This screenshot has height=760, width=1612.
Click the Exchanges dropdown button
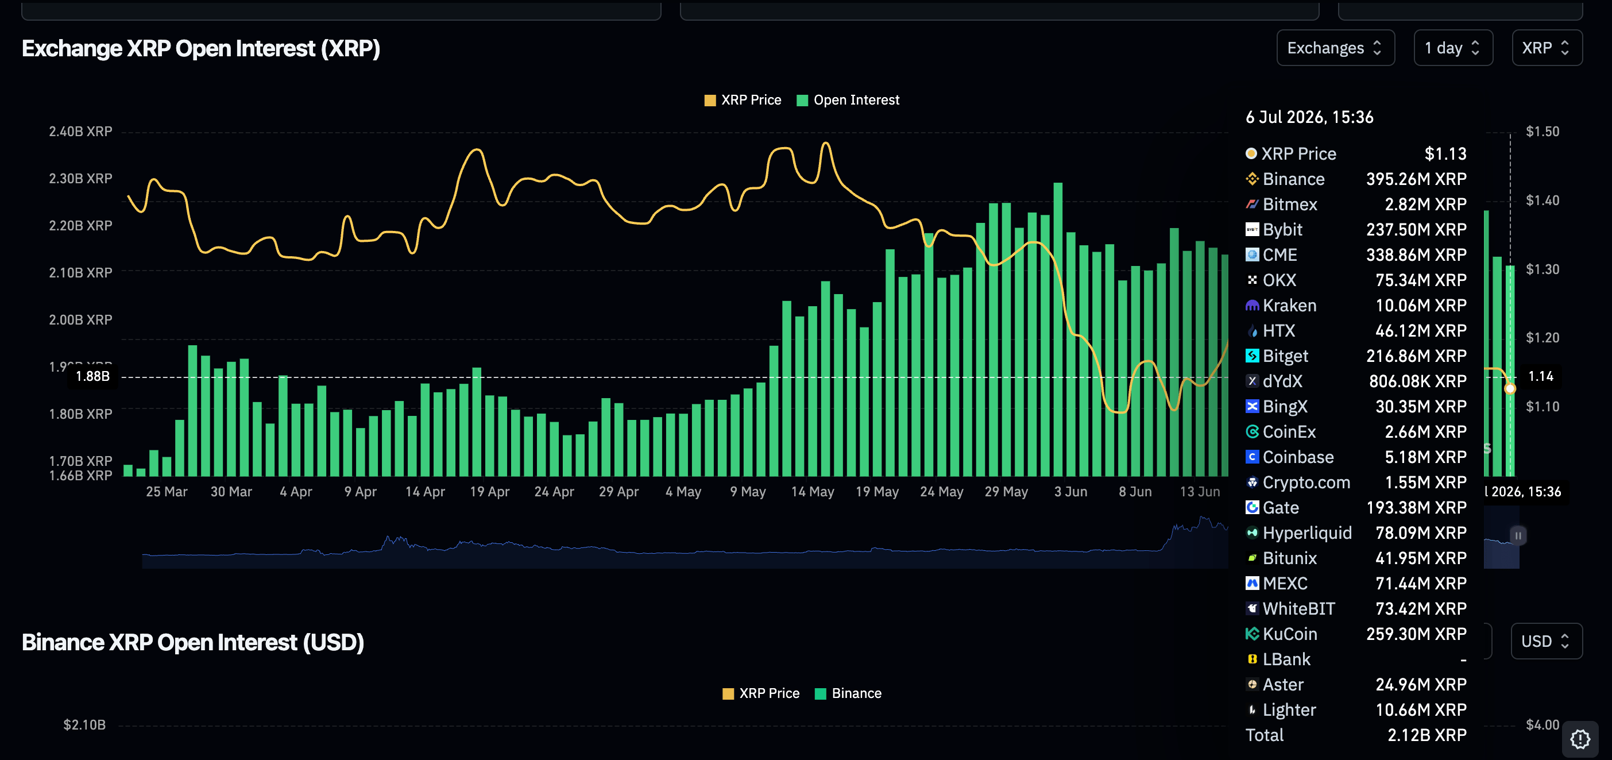(1335, 48)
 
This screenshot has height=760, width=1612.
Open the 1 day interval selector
(1452, 48)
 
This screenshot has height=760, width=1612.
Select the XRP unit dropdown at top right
(1547, 48)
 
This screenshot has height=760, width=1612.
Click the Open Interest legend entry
(848, 100)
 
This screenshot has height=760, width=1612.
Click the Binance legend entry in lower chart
(849, 693)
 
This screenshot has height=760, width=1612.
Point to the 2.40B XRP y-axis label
(81, 132)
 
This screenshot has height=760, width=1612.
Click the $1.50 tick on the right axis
(1543, 132)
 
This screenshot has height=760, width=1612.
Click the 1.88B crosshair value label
(92, 376)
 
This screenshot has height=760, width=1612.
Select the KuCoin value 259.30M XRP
(1416, 634)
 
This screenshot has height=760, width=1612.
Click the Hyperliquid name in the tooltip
(1307, 533)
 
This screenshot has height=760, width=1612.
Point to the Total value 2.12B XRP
(1427, 735)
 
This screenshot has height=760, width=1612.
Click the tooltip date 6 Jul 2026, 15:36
(1309, 117)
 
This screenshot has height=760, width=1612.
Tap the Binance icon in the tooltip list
(1251, 179)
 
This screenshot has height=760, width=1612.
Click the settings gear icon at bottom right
(1580, 739)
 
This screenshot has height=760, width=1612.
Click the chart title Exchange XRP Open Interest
(201, 49)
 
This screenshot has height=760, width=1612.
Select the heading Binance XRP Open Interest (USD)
(193, 642)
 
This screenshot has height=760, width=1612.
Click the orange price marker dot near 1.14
(1509, 389)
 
